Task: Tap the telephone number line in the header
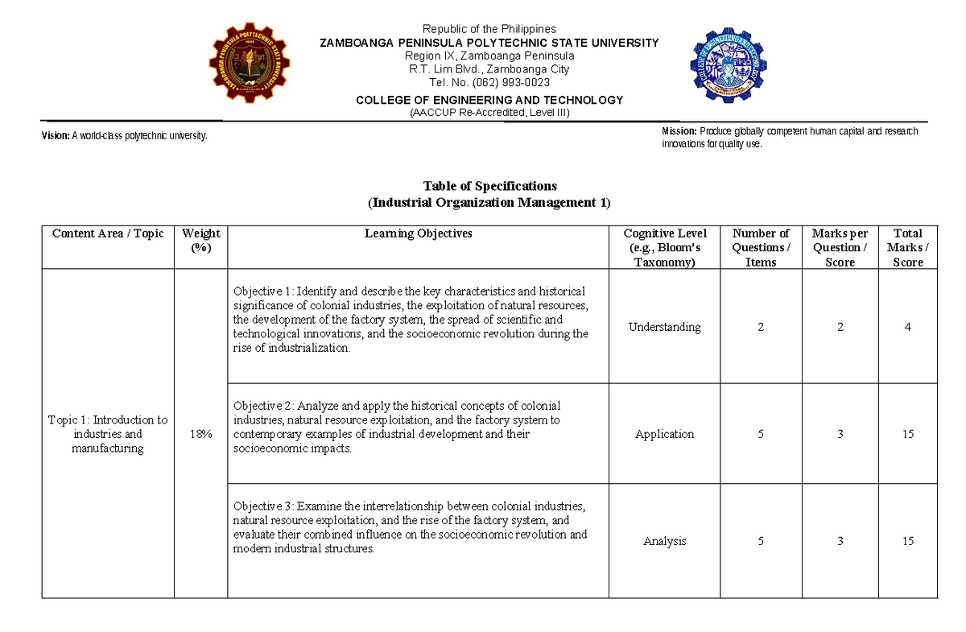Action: (x=489, y=82)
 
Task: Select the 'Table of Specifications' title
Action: (x=489, y=186)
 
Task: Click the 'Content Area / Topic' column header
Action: (x=108, y=234)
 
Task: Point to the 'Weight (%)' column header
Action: (x=201, y=240)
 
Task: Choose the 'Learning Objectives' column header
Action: (x=419, y=234)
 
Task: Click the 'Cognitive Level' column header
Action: (x=665, y=247)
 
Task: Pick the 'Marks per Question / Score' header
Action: (x=840, y=247)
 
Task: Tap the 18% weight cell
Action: (x=201, y=434)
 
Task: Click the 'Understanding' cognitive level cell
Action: (x=665, y=327)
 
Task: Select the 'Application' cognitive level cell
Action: (x=665, y=434)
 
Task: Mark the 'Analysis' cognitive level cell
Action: (x=665, y=541)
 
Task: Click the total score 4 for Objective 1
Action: (x=908, y=327)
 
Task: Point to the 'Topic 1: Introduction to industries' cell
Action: (x=108, y=434)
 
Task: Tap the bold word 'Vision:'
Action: (x=56, y=136)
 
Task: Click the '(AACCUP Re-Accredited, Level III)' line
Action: (x=489, y=113)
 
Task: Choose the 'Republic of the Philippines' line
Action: (x=489, y=29)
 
